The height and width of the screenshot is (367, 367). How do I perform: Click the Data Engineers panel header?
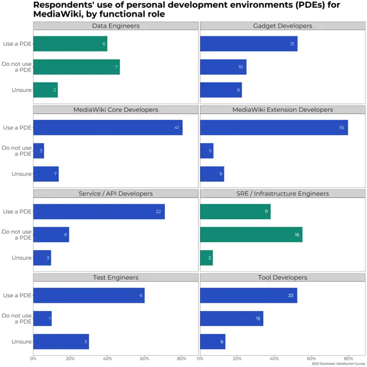(116, 26)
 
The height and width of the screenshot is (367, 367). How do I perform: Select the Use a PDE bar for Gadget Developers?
(249, 44)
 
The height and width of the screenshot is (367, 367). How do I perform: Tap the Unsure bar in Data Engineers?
(45, 90)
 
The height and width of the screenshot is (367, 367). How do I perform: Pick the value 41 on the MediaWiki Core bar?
(177, 128)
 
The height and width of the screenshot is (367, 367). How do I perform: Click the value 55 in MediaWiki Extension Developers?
(341, 128)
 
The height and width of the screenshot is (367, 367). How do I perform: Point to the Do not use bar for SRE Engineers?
(251, 234)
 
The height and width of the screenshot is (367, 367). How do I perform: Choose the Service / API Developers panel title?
(116, 194)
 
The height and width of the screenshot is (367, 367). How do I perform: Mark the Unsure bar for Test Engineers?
(61, 342)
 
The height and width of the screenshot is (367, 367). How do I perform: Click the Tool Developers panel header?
(283, 278)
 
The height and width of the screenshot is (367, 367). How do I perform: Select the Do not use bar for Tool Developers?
(232, 318)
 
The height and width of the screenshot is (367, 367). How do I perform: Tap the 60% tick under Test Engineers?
(145, 358)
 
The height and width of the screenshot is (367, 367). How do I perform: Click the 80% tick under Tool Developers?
(349, 358)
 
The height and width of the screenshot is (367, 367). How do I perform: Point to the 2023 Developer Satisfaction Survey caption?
(338, 363)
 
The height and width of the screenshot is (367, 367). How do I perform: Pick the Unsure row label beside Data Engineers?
(22, 90)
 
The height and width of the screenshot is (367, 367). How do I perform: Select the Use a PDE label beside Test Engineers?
(17, 295)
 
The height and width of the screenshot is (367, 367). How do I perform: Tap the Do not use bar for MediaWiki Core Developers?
(39, 150)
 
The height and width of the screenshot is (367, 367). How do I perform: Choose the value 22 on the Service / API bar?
(158, 211)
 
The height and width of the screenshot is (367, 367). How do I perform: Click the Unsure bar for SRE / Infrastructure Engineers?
(206, 258)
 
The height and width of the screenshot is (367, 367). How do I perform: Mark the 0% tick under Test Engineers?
(33, 358)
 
